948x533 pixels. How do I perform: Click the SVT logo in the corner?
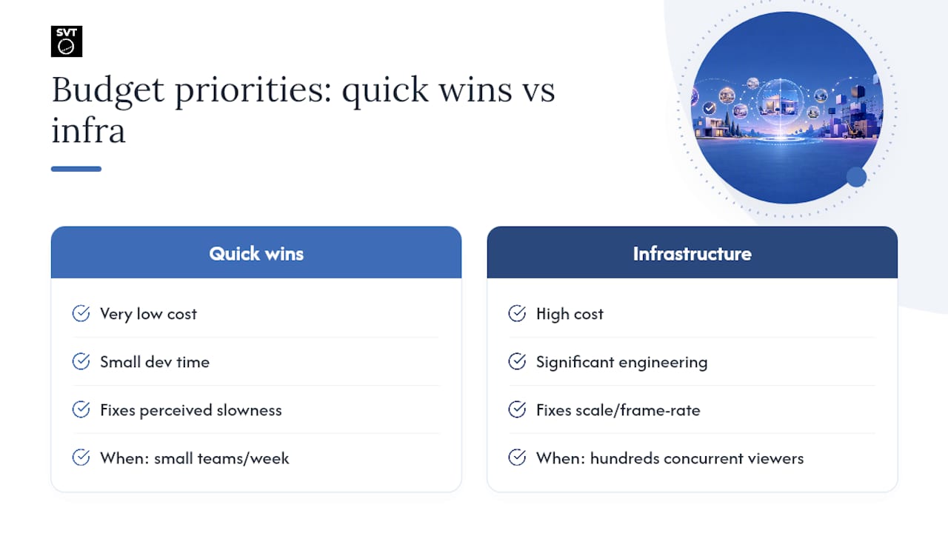[x=67, y=41]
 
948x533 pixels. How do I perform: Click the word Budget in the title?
[x=108, y=91]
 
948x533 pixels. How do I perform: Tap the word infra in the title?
[x=88, y=130]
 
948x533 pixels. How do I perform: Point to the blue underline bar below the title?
[x=76, y=169]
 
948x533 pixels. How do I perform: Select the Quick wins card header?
[x=256, y=252]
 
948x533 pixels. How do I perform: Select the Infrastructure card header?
[x=692, y=252]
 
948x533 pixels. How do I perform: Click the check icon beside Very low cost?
[x=81, y=313]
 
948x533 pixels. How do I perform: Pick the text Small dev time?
[x=155, y=362]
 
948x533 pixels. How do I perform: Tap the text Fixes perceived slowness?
[x=191, y=410]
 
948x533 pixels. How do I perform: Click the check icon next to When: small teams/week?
[x=81, y=457]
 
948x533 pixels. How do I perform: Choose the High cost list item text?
[x=570, y=315]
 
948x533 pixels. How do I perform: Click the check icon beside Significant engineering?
[x=517, y=361]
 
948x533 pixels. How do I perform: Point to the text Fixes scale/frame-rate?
[x=618, y=410]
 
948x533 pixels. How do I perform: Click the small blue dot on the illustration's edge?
[x=856, y=177]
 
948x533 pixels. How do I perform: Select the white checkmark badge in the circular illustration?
[x=710, y=108]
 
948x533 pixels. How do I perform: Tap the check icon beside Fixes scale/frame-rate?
[x=517, y=409]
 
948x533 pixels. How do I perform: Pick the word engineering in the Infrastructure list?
[x=663, y=363]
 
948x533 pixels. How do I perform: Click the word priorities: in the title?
[x=253, y=91]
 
